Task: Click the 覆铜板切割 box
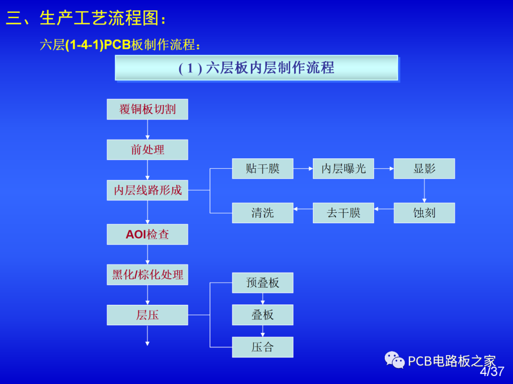click(147, 109)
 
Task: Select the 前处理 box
click(147, 149)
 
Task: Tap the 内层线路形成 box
click(147, 190)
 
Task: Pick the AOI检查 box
click(147, 234)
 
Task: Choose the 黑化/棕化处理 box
click(147, 274)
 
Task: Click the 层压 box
click(147, 315)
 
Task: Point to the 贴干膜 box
click(263, 168)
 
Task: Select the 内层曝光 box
click(343, 168)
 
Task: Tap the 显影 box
click(424, 168)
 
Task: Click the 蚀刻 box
click(424, 213)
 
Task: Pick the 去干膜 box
click(343, 213)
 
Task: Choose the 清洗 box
click(263, 213)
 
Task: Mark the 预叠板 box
click(263, 283)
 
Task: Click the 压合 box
click(263, 347)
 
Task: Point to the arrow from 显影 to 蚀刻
click(424, 191)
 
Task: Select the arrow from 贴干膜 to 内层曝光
click(303, 168)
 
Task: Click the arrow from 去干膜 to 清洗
click(303, 209)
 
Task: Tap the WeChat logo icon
click(395, 360)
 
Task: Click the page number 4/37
click(492, 371)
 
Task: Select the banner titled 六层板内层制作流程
click(256, 68)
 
